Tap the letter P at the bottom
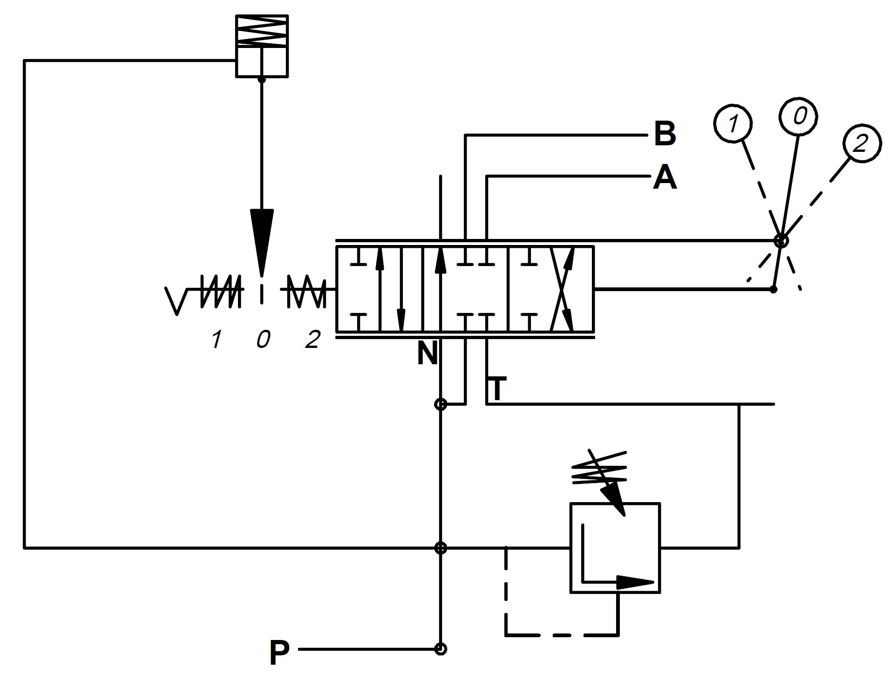[279, 653]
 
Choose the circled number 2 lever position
[861, 143]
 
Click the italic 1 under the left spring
[216, 339]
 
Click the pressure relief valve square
[615, 548]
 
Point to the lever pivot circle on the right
[781, 241]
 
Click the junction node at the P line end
[441, 648]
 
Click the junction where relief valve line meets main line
[441, 548]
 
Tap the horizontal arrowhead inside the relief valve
[636, 582]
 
